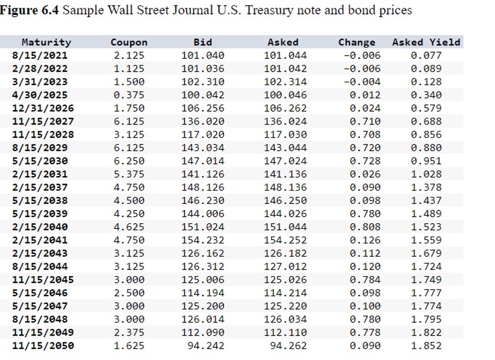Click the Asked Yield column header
click(426, 42)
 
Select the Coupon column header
click(129, 42)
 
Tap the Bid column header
click(203, 42)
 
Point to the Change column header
click(357, 42)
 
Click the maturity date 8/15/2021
click(39, 56)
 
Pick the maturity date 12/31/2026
click(43, 108)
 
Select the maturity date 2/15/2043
click(39, 253)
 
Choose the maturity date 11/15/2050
click(43, 346)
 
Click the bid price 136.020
click(203, 122)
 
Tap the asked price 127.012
click(285, 267)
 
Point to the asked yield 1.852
click(426, 346)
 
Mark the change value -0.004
click(362, 82)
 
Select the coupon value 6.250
click(129, 161)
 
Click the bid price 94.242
click(206, 346)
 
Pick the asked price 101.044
click(285, 56)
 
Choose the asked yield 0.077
click(426, 56)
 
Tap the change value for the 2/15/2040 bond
click(365, 227)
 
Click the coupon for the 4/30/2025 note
click(129, 95)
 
